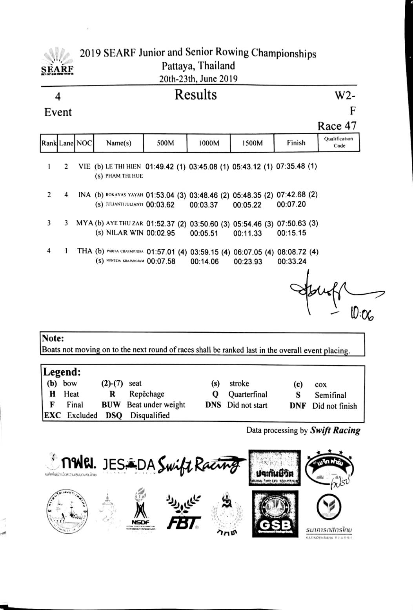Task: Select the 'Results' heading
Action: [195, 95]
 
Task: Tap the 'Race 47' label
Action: [337, 126]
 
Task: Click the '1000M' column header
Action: [209, 143]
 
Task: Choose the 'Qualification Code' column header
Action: [339, 142]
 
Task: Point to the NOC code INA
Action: [84, 195]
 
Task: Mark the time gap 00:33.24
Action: [292, 262]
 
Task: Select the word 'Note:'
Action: [53, 338]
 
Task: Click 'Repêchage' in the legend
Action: [147, 394]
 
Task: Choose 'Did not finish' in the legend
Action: [335, 406]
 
